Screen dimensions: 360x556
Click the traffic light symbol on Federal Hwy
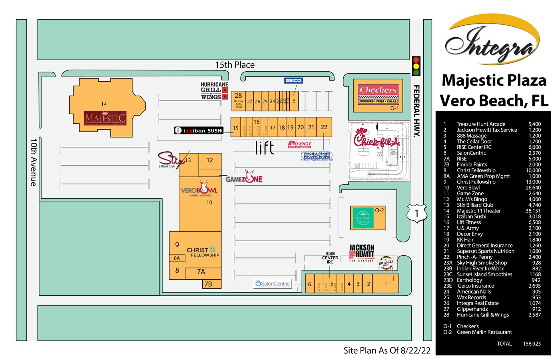click(x=416, y=66)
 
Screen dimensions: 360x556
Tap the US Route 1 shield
click(x=417, y=213)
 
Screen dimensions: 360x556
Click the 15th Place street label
click(x=235, y=65)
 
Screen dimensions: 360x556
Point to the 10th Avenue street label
click(x=34, y=162)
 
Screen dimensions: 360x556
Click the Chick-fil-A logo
click(x=376, y=139)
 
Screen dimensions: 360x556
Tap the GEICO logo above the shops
click(x=293, y=80)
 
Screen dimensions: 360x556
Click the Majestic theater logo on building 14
click(x=105, y=118)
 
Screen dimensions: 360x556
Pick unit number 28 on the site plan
click(x=238, y=96)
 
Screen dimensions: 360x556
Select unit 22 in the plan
click(x=324, y=127)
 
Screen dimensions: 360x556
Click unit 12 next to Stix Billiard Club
click(x=209, y=160)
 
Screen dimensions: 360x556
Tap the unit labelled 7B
click(x=208, y=284)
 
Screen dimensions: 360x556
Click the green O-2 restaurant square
click(x=363, y=218)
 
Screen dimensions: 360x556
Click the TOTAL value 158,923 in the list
click(x=532, y=344)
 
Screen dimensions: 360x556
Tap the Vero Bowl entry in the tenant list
click(x=468, y=188)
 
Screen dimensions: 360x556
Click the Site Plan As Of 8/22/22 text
click(x=387, y=350)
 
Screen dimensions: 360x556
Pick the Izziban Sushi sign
click(x=199, y=130)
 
